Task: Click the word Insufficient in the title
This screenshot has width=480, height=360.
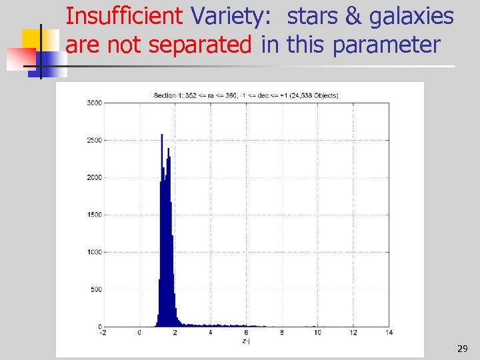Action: (125, 15)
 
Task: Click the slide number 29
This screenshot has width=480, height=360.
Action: (462, 349)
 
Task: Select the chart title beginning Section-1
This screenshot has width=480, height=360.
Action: (246, 95)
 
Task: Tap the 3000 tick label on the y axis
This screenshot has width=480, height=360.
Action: (94, 103)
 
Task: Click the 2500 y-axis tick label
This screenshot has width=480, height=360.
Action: (94, 141)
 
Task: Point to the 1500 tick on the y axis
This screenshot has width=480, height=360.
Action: (94, 215)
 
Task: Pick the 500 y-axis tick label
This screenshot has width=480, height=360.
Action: (96, 289)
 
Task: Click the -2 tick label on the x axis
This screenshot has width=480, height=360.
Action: (102, 333)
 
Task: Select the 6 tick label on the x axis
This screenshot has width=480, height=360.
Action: (246, 333)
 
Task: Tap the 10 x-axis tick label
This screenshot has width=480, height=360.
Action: (317, 333)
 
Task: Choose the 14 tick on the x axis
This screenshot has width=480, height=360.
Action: (389, 333)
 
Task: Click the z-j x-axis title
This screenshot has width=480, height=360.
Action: (246, 341)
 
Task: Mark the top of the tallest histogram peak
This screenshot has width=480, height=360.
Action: (162, 135)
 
